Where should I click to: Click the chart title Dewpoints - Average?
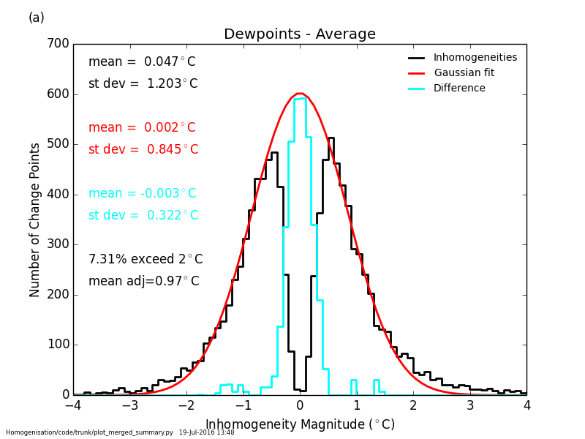tap(300, 34)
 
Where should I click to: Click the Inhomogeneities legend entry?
tap(475, 57)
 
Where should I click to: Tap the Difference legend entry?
tap(459, 88)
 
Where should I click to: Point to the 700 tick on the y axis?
tap(58, 45)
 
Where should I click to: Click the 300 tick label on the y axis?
tap(58, 245)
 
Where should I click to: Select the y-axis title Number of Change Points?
tap(35, 219)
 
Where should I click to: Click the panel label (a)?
tap(37, 18)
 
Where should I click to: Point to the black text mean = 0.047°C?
tap(142, 62)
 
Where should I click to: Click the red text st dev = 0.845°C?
tap(143, 149)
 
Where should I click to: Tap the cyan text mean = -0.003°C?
tap(142, 193)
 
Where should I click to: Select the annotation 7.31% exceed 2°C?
tap(146, 259)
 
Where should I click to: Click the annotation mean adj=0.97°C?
tap(143, 281)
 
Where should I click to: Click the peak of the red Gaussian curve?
tap(300, 94)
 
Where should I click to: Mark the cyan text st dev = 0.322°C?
tap(143, 215)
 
